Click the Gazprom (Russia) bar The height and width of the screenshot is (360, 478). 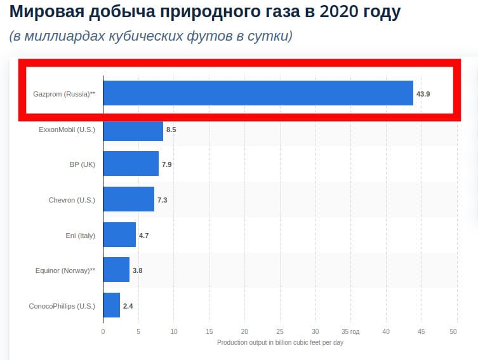(x=258, y=93)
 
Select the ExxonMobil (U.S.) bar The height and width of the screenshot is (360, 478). (x=133, y=130)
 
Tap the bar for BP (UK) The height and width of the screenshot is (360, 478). (x=131, y=164)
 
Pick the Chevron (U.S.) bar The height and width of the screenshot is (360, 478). (x=128, y=199)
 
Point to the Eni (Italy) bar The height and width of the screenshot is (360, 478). (x=119, y=235)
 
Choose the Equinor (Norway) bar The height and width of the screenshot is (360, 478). (x=116, y=270)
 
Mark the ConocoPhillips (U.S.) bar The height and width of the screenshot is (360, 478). (x=111, y=305)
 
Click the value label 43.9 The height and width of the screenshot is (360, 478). (x=423, y=93)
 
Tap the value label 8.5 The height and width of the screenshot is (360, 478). (x=171, y=130)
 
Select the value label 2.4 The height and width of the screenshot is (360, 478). (x=128, y=306)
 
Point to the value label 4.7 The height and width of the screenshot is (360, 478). (x=144, y=236)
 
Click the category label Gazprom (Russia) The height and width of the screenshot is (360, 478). (x=64, y=93)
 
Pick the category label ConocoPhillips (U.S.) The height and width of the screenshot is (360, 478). (x=62, y=306)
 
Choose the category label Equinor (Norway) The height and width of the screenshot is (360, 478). (x=65, y=270)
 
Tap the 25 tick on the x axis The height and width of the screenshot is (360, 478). (x=280, y=331)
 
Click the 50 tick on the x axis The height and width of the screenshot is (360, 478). (x=453, y=331)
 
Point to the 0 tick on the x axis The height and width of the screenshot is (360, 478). (x=103, y=331)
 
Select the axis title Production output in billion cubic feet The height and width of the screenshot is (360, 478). (x=280, y=342)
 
